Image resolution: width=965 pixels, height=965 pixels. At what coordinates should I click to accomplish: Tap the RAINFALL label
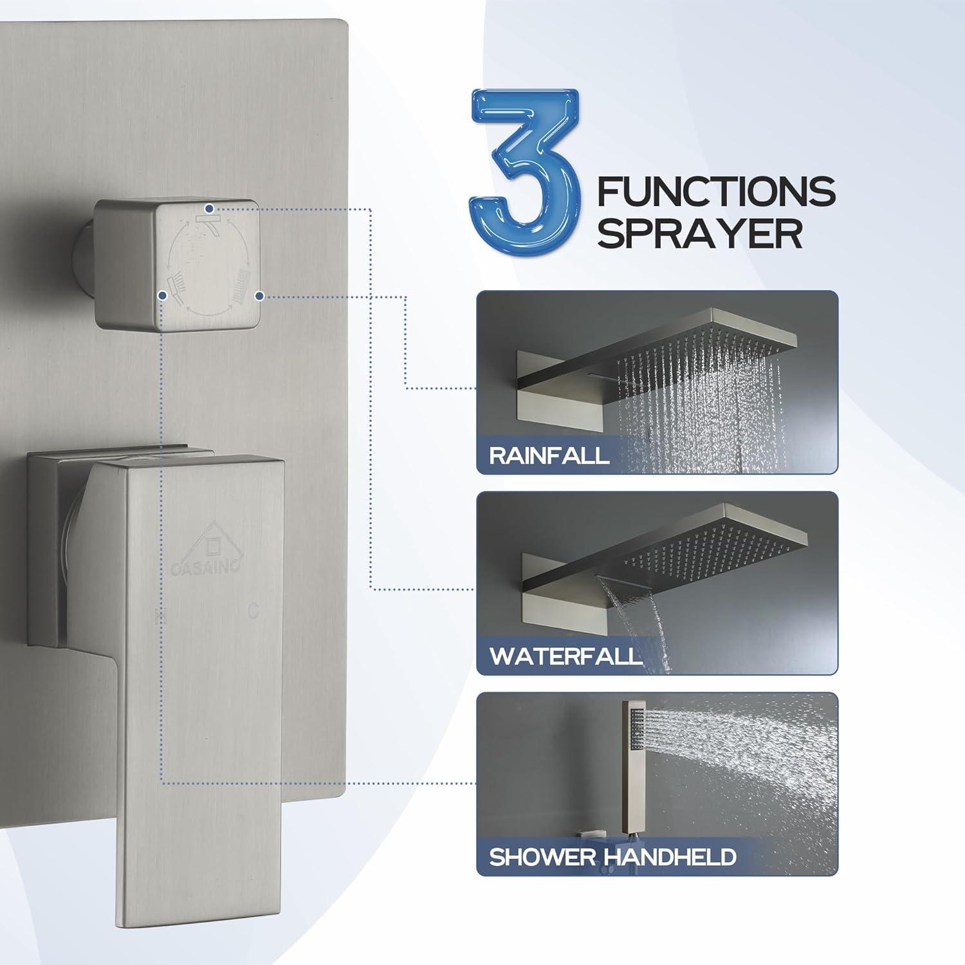coord(549,455)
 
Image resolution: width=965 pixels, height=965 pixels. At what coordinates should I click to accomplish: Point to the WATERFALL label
coord(566,656)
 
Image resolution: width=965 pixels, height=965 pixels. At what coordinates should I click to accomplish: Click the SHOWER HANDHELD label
coord(612,857)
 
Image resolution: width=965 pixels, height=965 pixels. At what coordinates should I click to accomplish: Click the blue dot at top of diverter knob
coord(209,208)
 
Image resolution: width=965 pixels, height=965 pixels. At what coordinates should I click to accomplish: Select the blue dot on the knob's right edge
coord(259,296)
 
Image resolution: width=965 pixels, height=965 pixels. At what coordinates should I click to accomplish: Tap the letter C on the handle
coord(253,611)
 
